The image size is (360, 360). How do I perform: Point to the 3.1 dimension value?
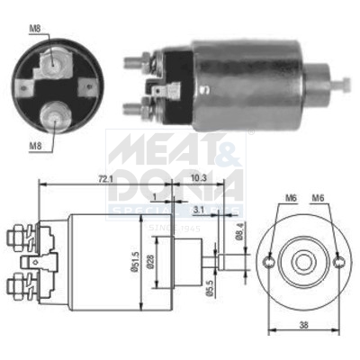pyautogui.click(x=198, y=211)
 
